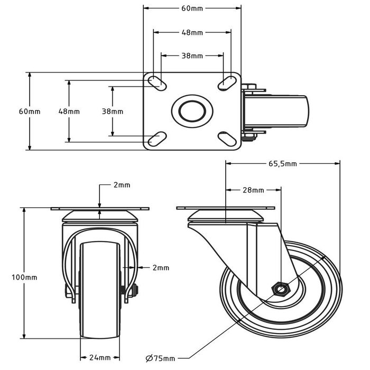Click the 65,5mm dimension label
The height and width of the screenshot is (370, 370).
point(282,164)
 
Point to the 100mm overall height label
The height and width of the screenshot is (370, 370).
point(25,277)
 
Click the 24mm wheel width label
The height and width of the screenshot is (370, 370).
point(101,357)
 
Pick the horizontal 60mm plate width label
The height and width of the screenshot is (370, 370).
point(192,8)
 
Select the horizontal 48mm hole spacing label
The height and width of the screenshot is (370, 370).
point(192,32)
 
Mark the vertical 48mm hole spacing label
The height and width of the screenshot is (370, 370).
point(69,112)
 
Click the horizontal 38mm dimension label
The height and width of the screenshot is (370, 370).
point(192,55)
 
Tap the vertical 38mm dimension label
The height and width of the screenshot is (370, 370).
point(112,112)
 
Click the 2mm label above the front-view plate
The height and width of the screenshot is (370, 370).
point(122,185)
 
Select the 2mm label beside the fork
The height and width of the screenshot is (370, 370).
point(161,268)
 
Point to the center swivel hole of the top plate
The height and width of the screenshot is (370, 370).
point(192,111)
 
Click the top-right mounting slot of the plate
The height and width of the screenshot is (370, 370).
point(228,81)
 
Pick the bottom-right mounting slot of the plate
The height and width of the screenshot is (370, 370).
point(228,140)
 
